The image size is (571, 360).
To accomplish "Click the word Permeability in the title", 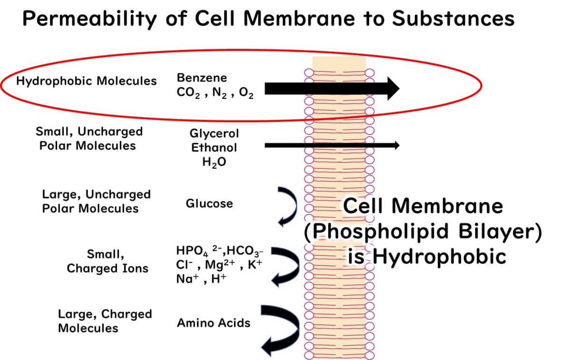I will (x=89, y=19).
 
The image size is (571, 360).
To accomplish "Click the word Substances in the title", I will (x=453, y=19).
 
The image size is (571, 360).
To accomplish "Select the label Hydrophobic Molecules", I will (x=86, y=81).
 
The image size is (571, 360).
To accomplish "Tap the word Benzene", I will (x=202, y=78).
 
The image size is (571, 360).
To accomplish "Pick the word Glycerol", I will (x=214, y=133).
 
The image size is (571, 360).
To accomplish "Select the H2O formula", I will (x=214, y=162).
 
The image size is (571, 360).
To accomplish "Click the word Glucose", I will (x=209, y=204).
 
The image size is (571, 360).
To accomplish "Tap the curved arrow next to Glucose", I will (x=288, y=206).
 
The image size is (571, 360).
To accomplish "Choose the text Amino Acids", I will (x=213, y=323).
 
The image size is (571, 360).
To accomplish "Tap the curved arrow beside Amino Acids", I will (x=282, y=329).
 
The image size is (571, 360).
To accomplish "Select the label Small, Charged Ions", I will (x=108, y=261).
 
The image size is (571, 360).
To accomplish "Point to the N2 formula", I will (x=219, y=93).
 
